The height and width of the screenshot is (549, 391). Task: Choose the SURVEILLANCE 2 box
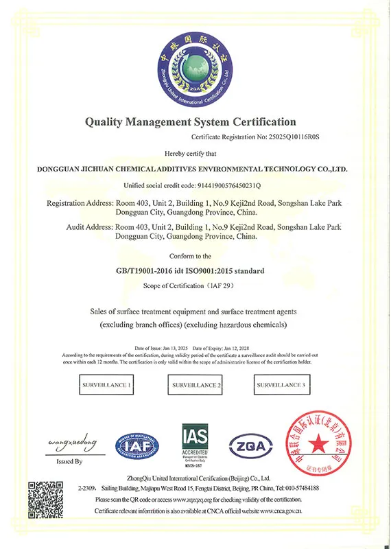[195, 386]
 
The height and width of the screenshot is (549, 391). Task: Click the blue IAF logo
[138, 446]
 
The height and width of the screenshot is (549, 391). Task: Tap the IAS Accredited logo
[193, 443]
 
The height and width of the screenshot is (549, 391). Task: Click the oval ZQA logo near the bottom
[250, 445]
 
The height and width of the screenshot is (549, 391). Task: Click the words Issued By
[68, 462]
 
